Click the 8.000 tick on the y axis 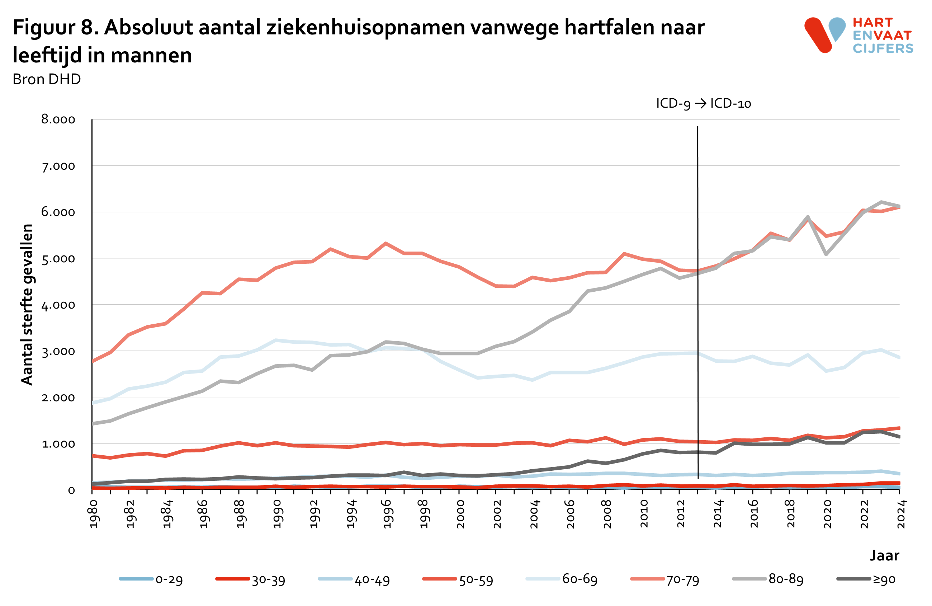[58, 119]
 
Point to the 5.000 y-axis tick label [58, 259]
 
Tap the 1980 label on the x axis [94, 514]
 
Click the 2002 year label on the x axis [497, 514]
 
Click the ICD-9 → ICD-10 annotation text [703, 103]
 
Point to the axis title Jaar [884, 555]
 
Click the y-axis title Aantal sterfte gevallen [27, 304]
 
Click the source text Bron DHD [47, 79]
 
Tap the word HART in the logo [872, 22]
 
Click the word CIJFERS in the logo [883, 48]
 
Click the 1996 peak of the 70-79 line [385, 243]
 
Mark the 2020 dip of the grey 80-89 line [826, 254]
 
